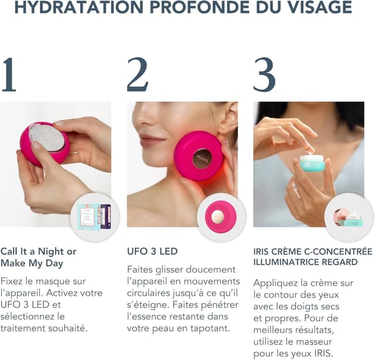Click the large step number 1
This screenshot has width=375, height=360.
(x=9, y=75)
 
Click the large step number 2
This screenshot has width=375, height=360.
(x=137, y=75)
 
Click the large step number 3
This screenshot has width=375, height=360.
(x=264, y=75)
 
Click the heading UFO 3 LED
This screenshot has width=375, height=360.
(x=152, y=252)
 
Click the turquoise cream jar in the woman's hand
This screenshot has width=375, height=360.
(x=312, y=162)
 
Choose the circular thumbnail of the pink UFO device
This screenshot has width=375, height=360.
(x=221, y=217)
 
